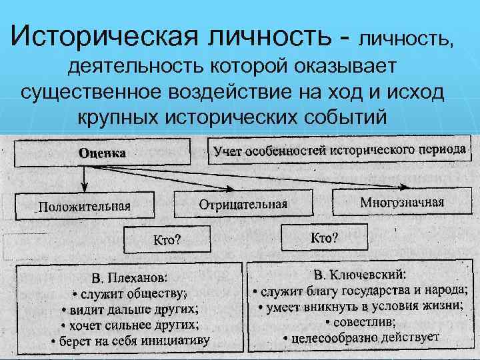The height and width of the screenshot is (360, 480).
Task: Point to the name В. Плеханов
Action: (130, 277)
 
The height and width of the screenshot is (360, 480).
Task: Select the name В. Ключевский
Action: (363, 274)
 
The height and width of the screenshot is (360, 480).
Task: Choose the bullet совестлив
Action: (363, 321)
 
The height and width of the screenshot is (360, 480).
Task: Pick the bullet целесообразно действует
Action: (363, 337)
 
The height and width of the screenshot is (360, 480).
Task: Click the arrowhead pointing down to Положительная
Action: (83, 188)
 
